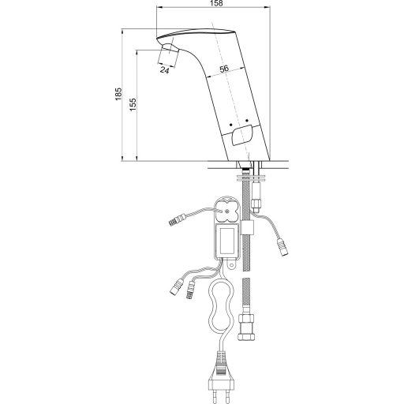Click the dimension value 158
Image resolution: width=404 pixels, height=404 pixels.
click(216, 3)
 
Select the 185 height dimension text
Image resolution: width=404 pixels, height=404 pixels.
click(118, 94)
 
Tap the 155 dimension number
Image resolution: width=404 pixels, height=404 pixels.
click(133, 104)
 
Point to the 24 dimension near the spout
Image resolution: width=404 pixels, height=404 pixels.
click(165, 70)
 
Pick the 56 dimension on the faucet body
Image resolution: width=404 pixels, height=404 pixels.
click(224, 69)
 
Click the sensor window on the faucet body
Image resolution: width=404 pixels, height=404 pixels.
click(242, 135)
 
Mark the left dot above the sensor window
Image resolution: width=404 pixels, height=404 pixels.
click(230, 124)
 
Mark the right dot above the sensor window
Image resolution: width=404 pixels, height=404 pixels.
click(247, 121)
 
